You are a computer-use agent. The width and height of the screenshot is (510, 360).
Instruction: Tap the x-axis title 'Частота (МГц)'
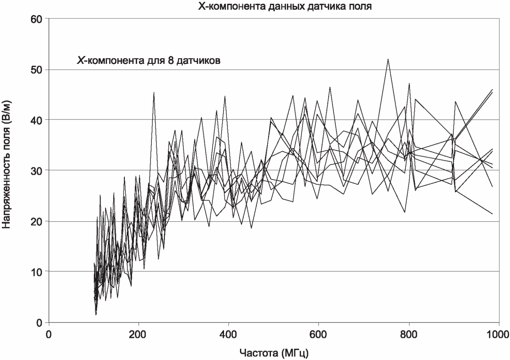click(274, 352)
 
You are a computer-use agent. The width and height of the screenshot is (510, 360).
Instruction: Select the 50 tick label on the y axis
click(37, 70)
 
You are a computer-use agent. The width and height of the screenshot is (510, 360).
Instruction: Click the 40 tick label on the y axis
click(37, 120)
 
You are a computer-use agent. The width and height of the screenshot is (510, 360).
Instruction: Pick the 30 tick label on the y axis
click(37, 170)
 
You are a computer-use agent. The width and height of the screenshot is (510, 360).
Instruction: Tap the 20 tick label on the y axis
click(37, 221)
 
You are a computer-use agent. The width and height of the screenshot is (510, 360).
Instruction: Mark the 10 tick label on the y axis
click(37, 272)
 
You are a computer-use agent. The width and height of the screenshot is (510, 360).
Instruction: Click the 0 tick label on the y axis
click(39, 322)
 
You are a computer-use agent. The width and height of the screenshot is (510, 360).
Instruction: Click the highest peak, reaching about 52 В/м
click(388, 59)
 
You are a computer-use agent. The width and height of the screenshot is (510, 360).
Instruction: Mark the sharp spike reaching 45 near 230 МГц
click(154, 93)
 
